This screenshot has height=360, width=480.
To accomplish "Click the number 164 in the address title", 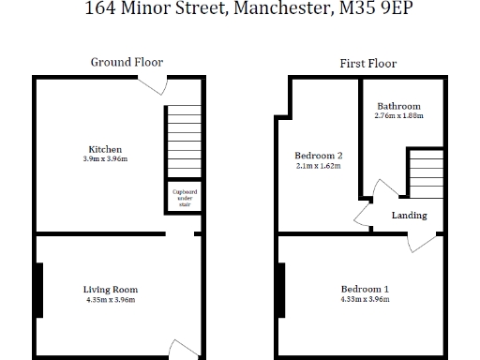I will click(x=101, y=11).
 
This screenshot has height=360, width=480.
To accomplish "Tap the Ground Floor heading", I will click(x=127, y=62).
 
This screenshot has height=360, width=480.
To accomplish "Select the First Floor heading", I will click(x=367, y=64).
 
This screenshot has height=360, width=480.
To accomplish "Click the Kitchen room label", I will click(x=105, y=149).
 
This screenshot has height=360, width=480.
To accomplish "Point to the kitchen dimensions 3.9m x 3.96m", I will click(x=105, y=159).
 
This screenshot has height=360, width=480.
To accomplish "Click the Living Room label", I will click(x=111, y=290).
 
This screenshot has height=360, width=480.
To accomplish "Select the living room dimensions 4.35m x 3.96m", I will click(x=111, y=300).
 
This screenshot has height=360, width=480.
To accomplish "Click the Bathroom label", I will click(x=398, y=106).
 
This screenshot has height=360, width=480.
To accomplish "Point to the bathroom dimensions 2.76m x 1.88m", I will click(x=398, y=116).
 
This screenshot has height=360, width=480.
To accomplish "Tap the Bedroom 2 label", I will click(x=318, y=156).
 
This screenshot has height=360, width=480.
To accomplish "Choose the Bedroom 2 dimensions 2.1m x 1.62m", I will click(x=318, y=166).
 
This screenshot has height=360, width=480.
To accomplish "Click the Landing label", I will click(x=409, y=216).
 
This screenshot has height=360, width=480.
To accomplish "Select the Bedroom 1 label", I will click(x=366, y=289).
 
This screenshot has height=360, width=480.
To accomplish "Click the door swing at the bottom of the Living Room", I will click(x=187, y=348).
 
